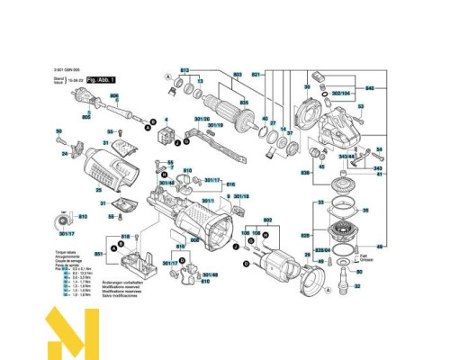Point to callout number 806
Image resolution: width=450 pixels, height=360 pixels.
[x=114, y=95]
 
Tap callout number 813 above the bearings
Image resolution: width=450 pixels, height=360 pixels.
[x=186, y=69]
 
